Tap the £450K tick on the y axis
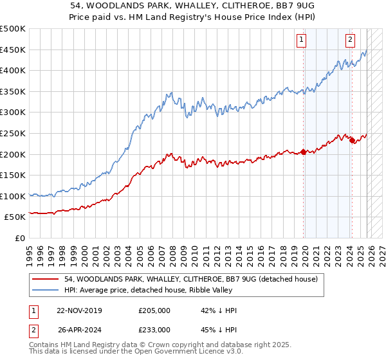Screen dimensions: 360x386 tap(13, 50)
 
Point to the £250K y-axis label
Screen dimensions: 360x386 tap(13, 133)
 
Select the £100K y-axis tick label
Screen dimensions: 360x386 tap(13, 196)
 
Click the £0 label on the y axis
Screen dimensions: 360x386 tap(19, 238)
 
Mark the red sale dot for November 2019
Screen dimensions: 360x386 tap(303, 152)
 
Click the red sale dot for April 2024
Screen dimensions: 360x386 tap(352, 141)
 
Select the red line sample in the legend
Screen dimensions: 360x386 tap(46, 279)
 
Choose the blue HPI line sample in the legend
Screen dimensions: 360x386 tap(46, 290)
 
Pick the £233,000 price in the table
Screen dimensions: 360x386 tap(154, 329)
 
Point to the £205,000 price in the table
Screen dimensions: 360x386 tap(154, 310)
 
